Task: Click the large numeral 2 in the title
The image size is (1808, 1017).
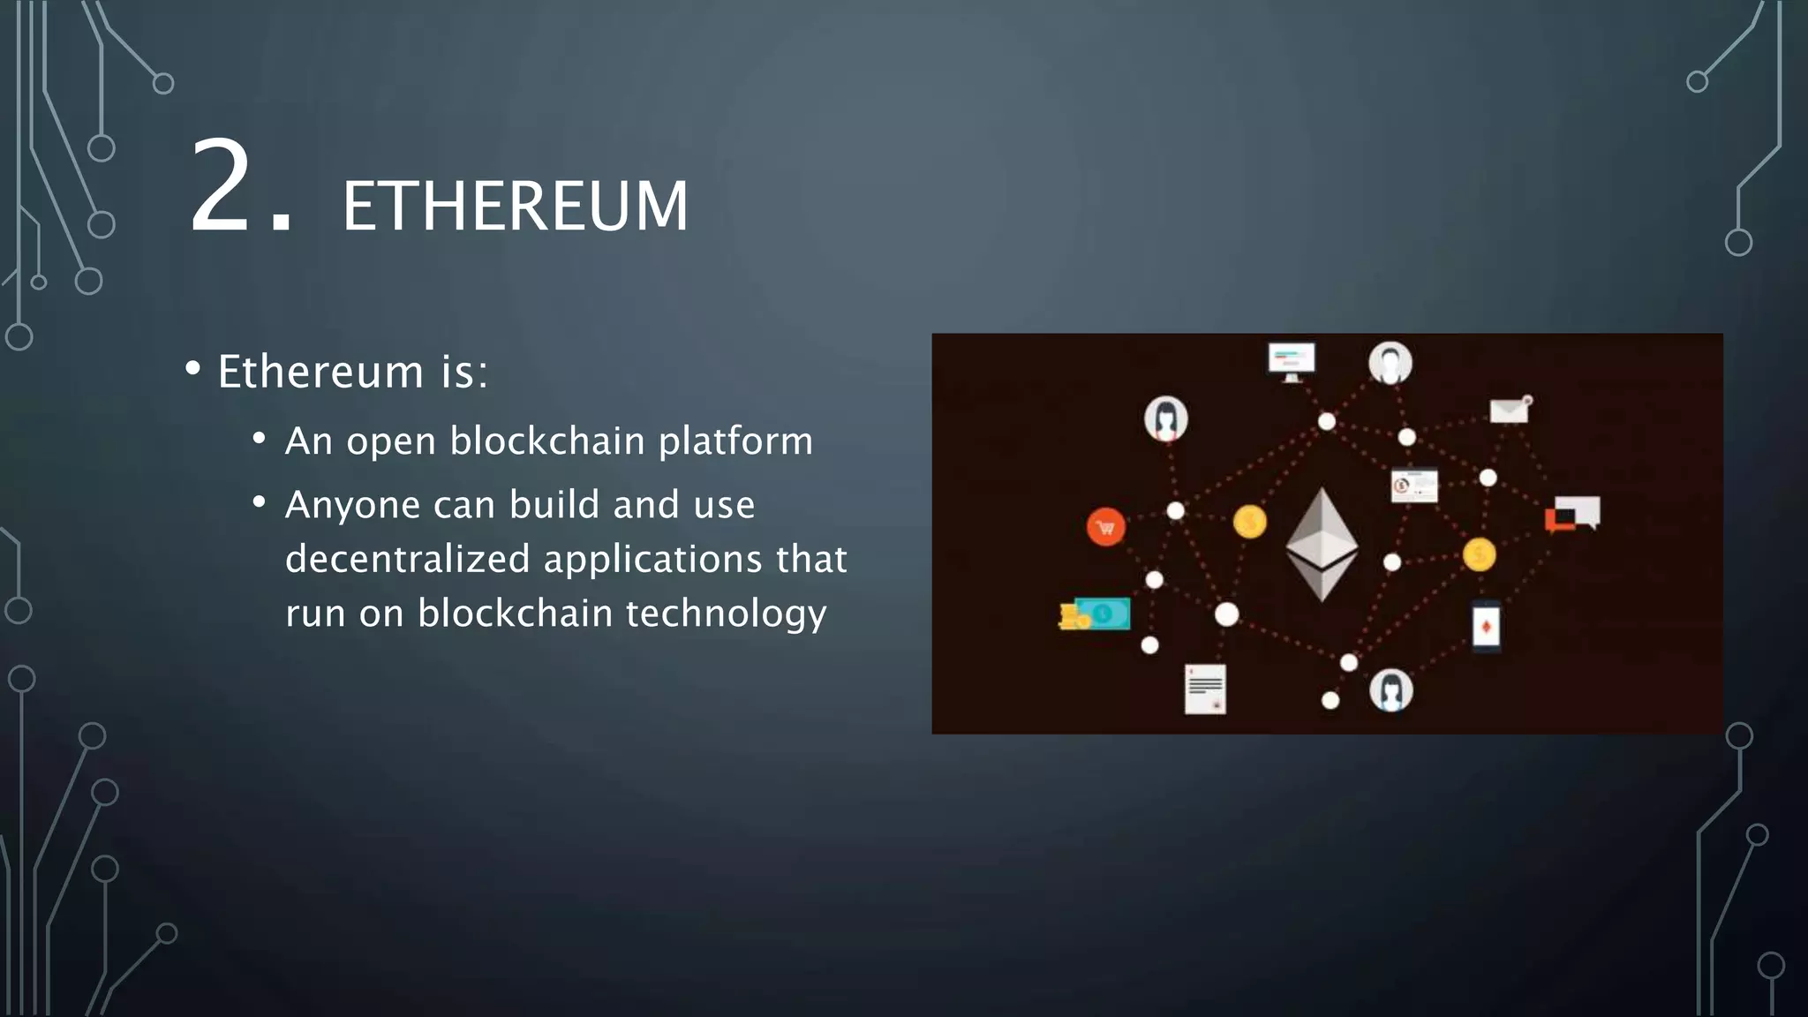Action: [x=220, y=187]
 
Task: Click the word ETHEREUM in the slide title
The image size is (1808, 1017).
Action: [x=515, y=207]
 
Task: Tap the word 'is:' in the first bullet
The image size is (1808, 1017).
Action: [x=464, y=372]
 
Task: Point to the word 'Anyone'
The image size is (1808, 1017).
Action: [x=352, y=506]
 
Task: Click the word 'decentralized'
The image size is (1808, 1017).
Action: [x=407, y=560]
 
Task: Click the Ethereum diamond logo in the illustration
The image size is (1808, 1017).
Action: [x=1321, y=544]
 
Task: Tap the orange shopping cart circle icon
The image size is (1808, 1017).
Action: [x=1105, y=528]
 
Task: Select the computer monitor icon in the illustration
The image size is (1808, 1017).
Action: [x=1292, y=360]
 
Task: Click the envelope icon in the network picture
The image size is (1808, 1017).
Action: [x=1510, y=410]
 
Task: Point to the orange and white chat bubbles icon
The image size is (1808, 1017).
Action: [x=1573, y=514]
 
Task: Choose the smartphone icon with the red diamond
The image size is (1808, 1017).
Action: [x=1486, y=627]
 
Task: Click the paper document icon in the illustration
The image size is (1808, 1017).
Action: [x=1205, y=689]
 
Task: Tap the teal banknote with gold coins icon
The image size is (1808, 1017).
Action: [x=1095, y=614]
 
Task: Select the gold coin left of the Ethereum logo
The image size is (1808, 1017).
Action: [x=1249, y=522]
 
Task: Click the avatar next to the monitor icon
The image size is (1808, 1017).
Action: [x=1390, y=363]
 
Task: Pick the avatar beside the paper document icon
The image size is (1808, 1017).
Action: [x=1390, y=689]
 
